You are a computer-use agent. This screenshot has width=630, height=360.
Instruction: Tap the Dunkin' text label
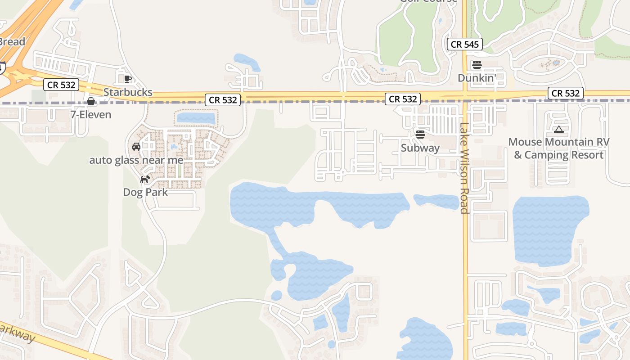click(477, 78)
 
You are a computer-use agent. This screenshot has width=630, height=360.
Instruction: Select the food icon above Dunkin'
click(477, 65)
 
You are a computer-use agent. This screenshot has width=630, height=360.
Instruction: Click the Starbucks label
click(128, 92)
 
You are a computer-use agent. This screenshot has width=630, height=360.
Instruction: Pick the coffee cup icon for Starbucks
click(128, 79)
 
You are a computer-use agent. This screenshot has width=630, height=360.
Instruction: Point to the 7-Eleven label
click(90, 115)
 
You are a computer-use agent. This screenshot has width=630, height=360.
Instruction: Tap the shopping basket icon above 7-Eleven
click(91, 101)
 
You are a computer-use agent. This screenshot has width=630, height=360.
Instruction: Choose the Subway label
click(420, 148)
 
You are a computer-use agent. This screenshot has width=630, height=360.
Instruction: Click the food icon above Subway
click(420, 134)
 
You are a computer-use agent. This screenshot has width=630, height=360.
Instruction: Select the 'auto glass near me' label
click(136, 160)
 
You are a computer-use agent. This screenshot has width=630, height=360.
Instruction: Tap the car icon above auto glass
click(136, 147)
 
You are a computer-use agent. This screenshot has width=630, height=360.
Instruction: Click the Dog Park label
click(145, 192)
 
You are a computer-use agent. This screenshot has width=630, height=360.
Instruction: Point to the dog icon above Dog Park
click(145, 180)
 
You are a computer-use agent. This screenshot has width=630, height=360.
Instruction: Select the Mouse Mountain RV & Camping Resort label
click(558, 148)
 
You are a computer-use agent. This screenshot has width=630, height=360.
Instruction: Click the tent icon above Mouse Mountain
click(558, 130)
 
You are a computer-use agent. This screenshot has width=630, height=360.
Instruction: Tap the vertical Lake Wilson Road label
click(464, 168)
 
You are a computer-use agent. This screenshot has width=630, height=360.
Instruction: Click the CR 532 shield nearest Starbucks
click(61, 85)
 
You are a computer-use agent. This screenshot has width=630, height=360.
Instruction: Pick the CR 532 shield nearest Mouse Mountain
click(566, 93)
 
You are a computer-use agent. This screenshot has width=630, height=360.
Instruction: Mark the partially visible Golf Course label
click(428, 1)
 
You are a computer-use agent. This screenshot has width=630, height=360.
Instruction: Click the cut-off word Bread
click(12, 41)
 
